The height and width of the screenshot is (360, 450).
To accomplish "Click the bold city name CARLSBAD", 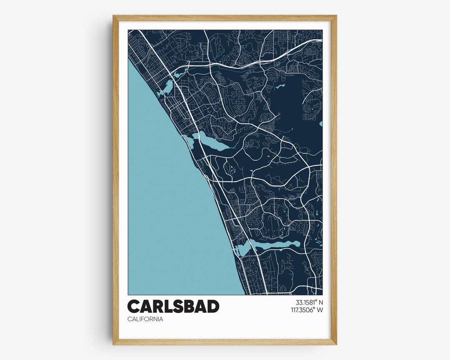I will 173,307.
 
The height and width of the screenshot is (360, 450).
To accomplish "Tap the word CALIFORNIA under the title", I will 145,319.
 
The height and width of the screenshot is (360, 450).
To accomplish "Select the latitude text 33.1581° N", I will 309,302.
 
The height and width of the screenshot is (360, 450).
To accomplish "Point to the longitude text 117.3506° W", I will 307,310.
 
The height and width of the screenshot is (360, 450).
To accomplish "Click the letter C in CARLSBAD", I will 134,307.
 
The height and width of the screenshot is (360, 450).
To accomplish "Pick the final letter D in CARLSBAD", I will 212,307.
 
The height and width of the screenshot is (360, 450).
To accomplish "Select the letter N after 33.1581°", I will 320,302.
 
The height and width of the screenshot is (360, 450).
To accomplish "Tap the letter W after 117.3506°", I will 320,310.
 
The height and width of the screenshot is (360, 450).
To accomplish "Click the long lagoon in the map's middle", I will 212,142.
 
